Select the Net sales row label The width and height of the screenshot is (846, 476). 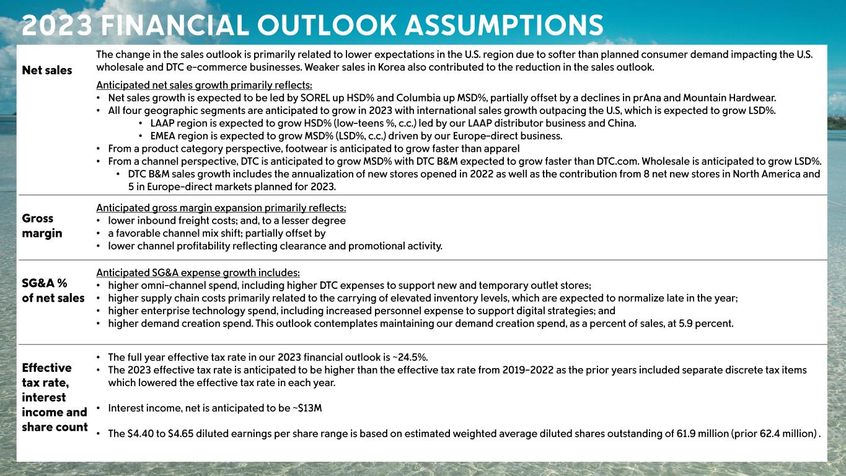[47, 71]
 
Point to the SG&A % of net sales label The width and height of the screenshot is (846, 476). [53, 291]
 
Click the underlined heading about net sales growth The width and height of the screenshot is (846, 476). [205, 85]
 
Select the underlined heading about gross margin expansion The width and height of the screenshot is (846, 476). [221, 208]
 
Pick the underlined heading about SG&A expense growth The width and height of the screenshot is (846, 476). [198, 273]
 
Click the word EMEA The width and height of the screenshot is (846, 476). [164, 136]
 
